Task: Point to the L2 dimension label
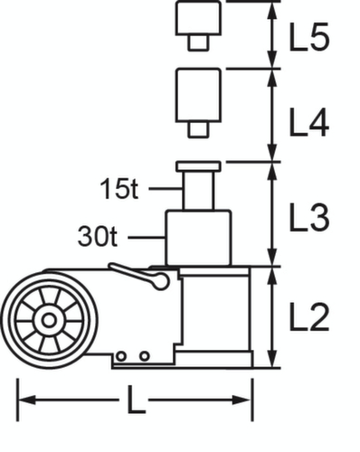pyautogui.click(x=308, y=316)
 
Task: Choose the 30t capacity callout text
pyautogui.click(x=99, y=238)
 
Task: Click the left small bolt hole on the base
pyautogui.click(x=128, y=356)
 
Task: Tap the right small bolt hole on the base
pyautogui.click(x=144, y=356)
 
